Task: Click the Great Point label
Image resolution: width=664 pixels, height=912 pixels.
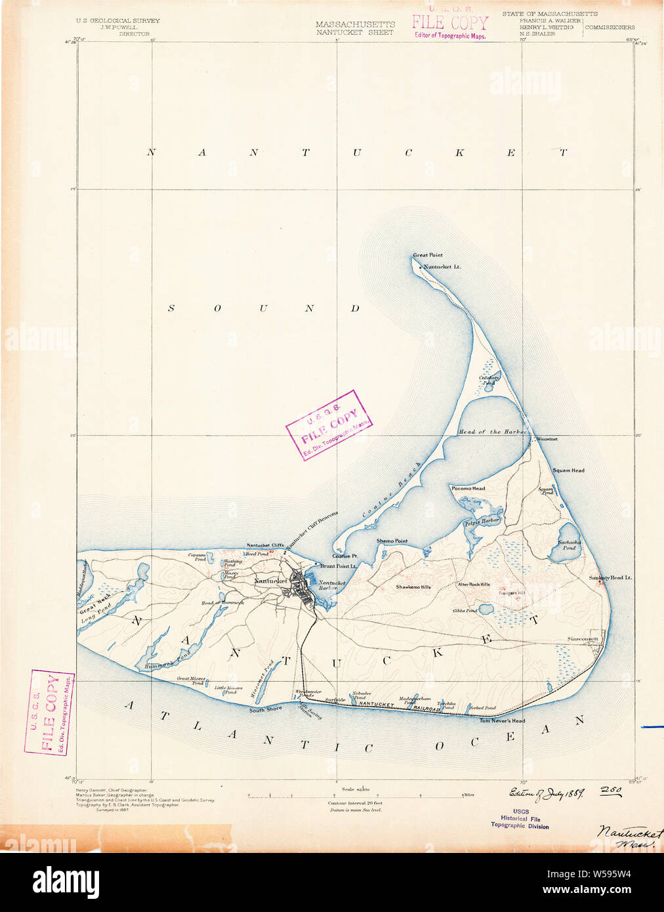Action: point(427,255)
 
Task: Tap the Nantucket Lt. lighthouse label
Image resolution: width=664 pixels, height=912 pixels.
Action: point(442,267)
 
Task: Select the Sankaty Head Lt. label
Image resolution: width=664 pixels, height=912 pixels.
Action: point(610,577)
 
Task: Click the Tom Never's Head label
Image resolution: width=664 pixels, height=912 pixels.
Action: point(502,721)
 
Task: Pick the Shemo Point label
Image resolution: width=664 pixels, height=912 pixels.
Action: point(392,541)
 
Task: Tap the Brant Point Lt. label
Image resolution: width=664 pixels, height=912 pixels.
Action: point(339,566)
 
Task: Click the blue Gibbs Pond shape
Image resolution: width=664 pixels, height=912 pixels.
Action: point(486,610)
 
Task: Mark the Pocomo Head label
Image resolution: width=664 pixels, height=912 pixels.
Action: point(468,488)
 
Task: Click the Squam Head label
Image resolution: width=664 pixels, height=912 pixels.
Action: point(568,470)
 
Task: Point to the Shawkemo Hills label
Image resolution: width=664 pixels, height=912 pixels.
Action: point(413,587)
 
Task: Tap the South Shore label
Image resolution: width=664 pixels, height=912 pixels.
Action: point(266,709)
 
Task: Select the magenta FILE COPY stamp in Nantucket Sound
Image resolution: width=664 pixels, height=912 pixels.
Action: point(329,425)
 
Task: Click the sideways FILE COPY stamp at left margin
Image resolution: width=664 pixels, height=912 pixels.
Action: point(49,713)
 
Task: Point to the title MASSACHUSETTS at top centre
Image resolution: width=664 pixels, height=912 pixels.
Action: point(355,24)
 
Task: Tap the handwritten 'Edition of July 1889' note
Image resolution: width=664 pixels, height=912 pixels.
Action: point(547,793)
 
